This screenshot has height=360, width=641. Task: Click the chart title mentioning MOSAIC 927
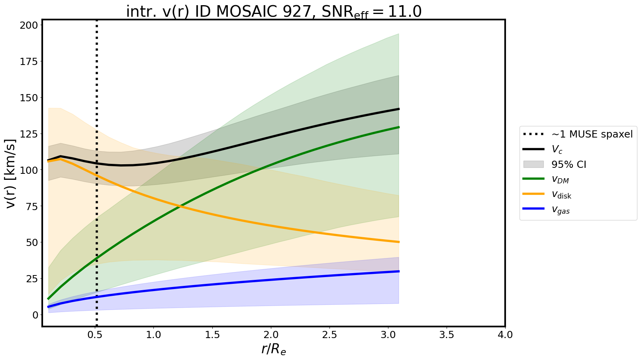pyautogui.click(x=274, y=12)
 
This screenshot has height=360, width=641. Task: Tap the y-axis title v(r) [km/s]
pyautogui.click(x=12, y=173)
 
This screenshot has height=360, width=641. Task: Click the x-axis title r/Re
pyautogui.click(x=274, y=349)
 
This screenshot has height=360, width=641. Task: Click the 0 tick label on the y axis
pyautogui.click(x=35, y=315)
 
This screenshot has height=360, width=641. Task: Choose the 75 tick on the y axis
pyautogui.click(x=32, y=207)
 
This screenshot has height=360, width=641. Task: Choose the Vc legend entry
pyautogui.click(x=557, y=150)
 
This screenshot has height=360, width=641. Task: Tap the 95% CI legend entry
pyautogui.click(x=568, y=164)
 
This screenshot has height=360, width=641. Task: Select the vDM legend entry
pyautogui.click(x=560, y=179)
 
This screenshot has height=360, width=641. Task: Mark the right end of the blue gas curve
pyautogui.click(x=399, y=271)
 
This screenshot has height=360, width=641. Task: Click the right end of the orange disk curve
pyautogui.click(x=399, y=242)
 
